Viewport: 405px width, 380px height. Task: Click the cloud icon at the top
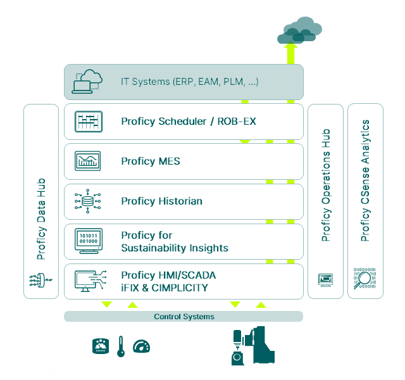pos(298,29)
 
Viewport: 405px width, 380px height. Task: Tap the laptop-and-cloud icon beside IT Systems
pos(87,82)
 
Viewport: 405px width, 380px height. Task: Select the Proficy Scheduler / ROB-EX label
pos(188,121)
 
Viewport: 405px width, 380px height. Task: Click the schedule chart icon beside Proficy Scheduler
pos(87,121)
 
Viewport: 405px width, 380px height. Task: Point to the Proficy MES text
pos(151,161)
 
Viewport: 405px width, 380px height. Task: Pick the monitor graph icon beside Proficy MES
pos(87,161)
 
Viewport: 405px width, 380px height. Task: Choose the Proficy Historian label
pos(161,201)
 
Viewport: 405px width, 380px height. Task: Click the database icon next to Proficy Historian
pos(87,201)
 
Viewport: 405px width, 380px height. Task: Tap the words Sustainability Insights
pos(175,248)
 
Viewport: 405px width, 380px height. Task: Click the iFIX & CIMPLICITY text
pos(165,287)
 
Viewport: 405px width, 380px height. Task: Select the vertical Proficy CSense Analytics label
pos(365,180)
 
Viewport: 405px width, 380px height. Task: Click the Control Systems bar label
pos(184,316)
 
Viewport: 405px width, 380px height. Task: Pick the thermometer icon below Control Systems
pos(121,346)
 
